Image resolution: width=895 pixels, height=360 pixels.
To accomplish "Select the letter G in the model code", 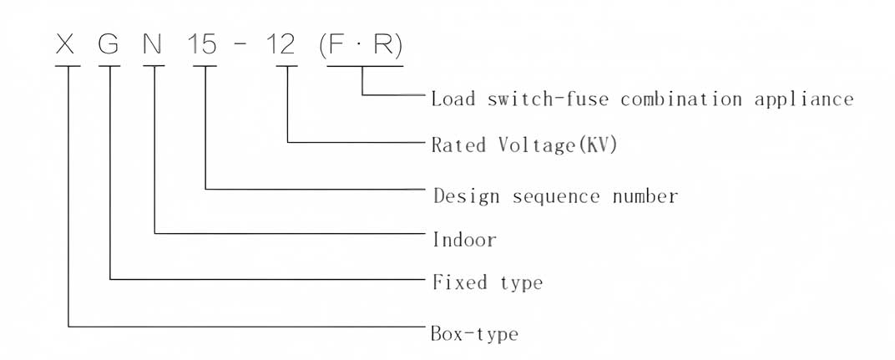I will tap(109, 44).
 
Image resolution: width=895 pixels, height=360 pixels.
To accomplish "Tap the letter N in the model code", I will tap(153, 44).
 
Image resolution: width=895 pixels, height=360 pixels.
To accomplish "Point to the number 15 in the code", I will tap(203, 44).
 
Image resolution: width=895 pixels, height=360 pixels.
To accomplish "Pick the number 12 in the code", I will tap(281, 44).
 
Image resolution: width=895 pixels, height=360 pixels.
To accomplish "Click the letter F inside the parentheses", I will tap(336, 44).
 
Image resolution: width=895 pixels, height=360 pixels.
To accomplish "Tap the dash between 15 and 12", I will tap(241, 45).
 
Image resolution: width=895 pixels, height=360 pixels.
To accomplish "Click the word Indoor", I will tap(464, 240).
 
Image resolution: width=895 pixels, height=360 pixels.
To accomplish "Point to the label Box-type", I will tap(474, 334).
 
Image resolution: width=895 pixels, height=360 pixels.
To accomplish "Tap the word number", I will tap(645, 196).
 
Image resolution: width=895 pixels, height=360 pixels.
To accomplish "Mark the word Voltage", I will tap(533, 145).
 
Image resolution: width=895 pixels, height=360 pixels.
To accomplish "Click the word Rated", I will tap(458, 145).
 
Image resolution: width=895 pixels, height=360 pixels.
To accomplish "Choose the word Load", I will tap(453, 99).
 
